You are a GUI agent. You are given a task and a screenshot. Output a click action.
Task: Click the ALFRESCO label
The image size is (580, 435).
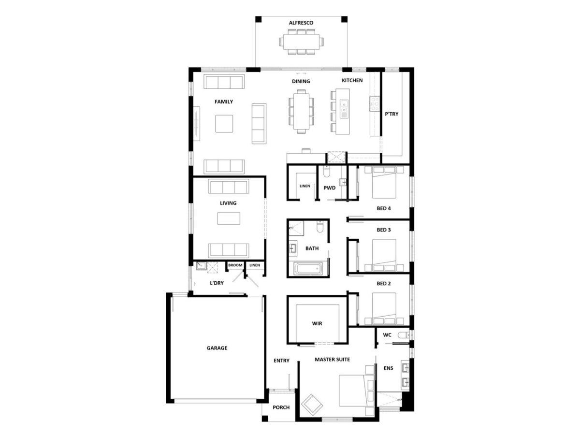tap(301, 23)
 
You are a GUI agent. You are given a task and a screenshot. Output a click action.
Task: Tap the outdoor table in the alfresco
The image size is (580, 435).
tap(301, 42)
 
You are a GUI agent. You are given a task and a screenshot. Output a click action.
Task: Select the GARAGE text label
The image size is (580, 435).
tap(217, 348)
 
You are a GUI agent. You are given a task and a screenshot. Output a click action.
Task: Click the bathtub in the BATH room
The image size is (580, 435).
tap(308, 269)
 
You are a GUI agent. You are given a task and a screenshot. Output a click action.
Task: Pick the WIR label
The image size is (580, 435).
tap(317, 323)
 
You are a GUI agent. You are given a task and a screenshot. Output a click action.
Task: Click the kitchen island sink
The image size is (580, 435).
tap(344, 109)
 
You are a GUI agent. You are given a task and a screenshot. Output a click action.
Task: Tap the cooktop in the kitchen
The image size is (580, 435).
tap(375, 103)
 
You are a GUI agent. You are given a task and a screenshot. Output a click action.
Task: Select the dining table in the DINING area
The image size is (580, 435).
tap(301, 111)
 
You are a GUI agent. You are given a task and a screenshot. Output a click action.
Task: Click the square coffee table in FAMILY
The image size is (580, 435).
tap(224, 124)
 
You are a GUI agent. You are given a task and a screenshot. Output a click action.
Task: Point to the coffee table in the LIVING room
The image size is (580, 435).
tap(229, 218)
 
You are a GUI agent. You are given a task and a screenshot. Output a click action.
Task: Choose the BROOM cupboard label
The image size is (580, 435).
tap(235, 265)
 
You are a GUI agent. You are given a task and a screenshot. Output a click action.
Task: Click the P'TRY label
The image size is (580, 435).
tap(391, 114)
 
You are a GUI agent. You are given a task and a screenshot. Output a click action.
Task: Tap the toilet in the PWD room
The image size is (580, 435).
tap(327, 172)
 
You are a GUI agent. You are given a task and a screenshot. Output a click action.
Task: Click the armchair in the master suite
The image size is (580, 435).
tap(312, 405)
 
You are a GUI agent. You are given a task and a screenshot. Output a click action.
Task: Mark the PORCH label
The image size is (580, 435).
tap(281, 407)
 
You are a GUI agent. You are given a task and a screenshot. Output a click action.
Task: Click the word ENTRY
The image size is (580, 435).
tap(281, 361)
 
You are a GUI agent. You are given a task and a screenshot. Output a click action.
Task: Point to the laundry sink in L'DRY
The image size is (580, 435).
tap(201, 266)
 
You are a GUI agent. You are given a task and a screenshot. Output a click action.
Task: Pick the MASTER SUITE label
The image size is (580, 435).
tap(332, 360)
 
